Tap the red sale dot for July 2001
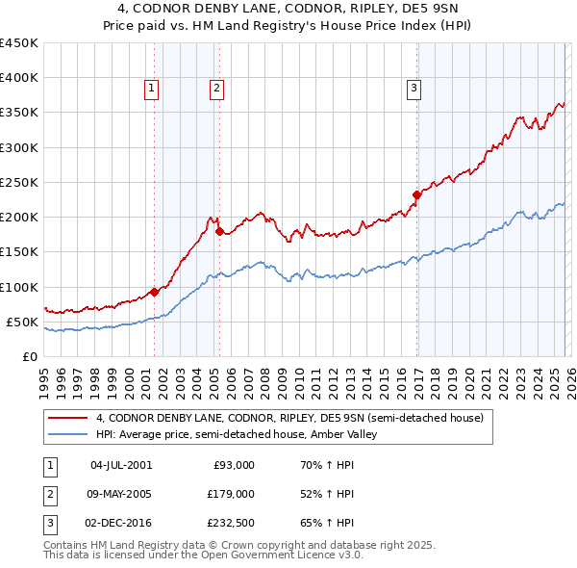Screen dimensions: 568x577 click(x=154, y=292)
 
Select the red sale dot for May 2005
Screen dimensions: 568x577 click(x=219, y=231)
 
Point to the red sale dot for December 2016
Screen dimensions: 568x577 click(x=416, y=194)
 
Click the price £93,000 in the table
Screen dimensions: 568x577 click(x=234, y=465)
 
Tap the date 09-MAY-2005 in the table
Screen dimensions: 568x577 click(x=121, y=494)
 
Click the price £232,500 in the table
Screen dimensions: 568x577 click(x=231, y=523)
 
